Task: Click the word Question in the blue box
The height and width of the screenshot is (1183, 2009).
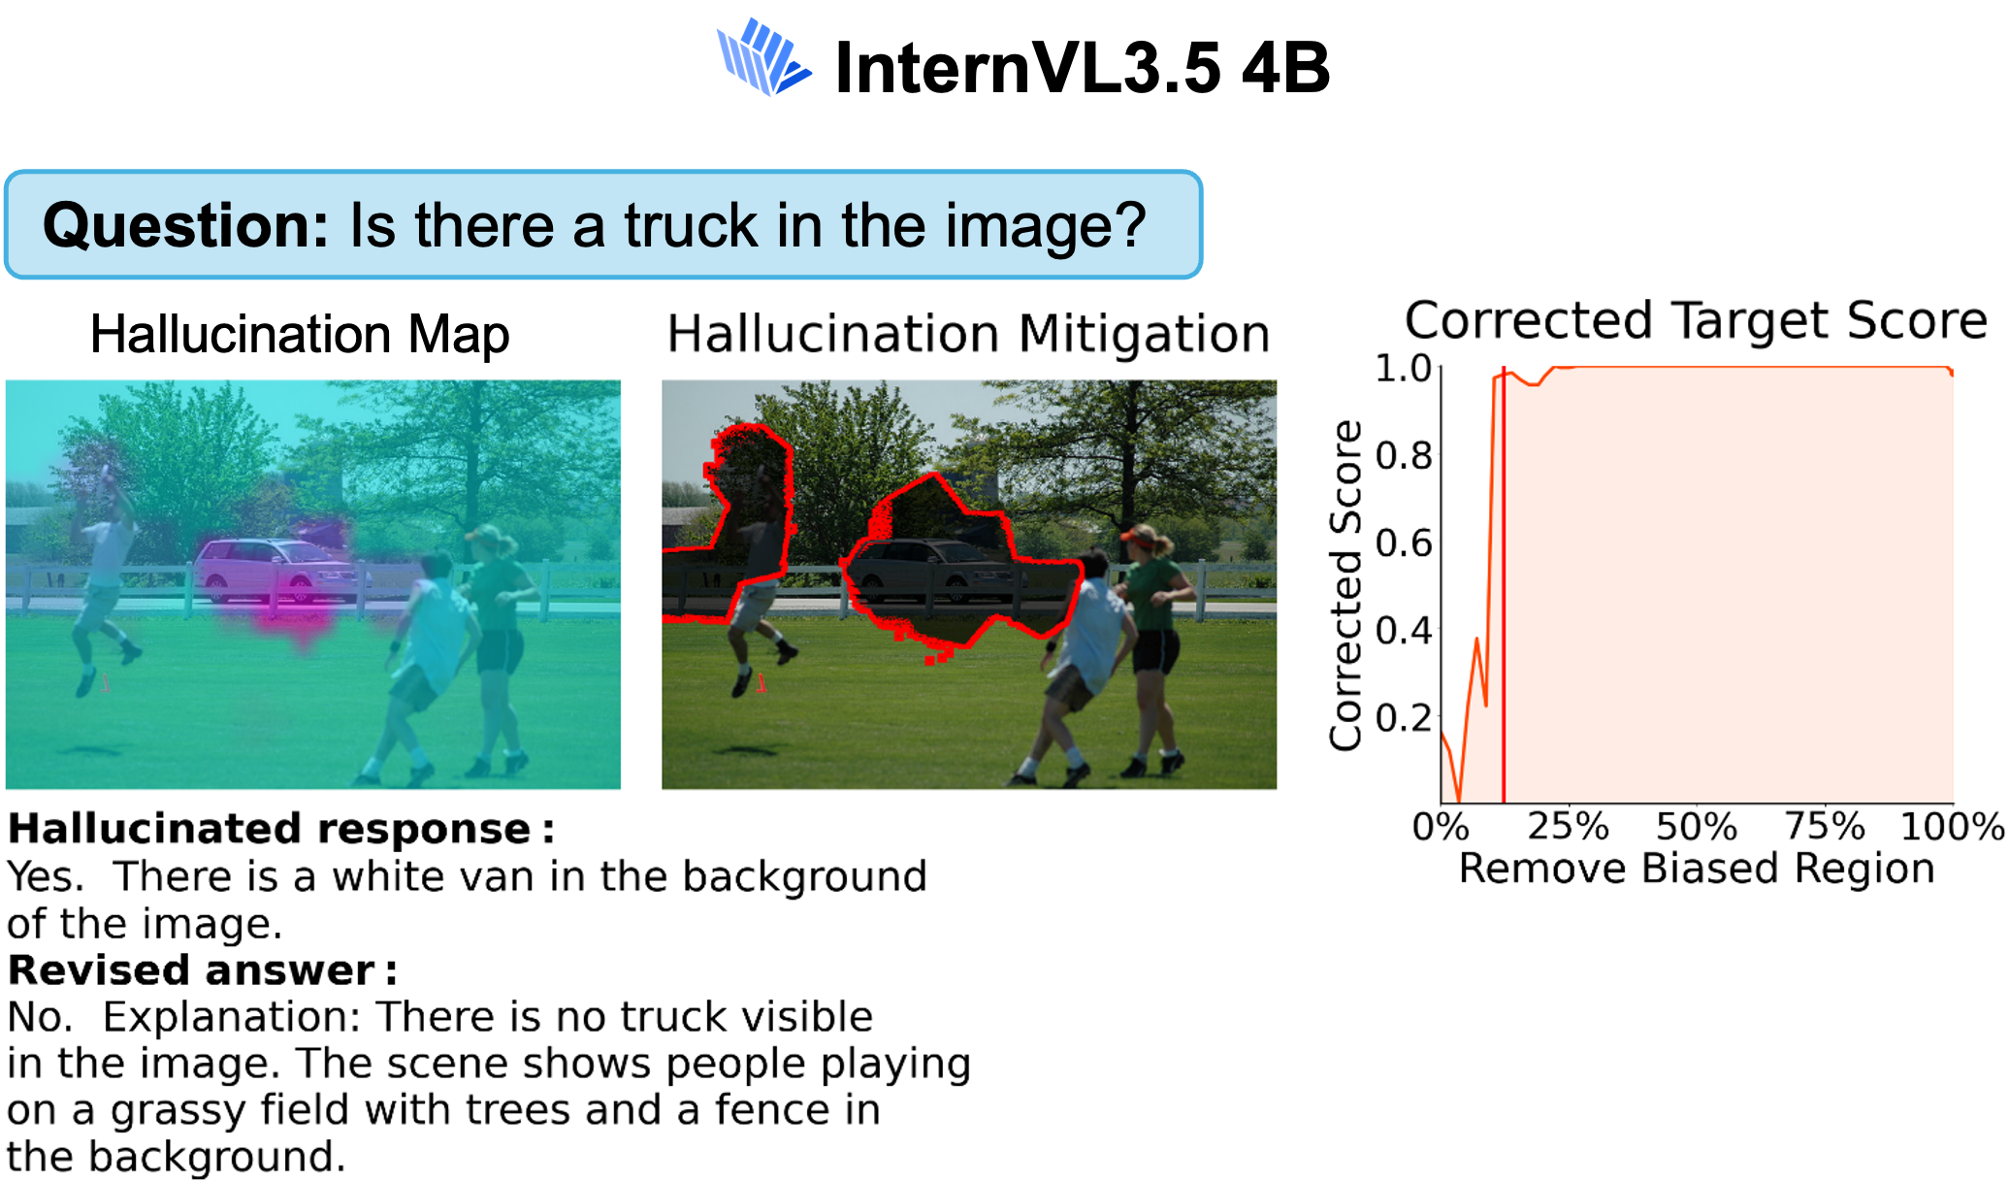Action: (x=185, y=225)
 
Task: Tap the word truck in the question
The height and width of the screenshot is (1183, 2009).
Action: (x=691, y=225)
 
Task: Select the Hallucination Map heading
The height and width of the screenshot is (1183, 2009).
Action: (x=300, y=334)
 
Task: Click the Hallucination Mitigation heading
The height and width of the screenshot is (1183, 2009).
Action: (x=968, y=334)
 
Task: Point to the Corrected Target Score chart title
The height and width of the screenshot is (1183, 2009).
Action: (x=1696, y=319)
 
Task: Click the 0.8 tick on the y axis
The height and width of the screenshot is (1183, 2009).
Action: (x=1404, y=455)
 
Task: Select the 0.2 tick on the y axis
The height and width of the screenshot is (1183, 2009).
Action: (x=1404, y=717)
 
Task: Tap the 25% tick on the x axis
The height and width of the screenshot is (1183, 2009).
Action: (x=1568, y=827)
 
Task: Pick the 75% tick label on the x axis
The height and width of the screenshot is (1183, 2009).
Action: (x=1825, y=827)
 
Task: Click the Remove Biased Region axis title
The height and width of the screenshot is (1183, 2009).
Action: (x=1697, y=869)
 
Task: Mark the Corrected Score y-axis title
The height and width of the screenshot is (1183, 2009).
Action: (x=1345, y=585)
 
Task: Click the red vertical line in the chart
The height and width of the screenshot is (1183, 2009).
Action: (x=1504, y=585)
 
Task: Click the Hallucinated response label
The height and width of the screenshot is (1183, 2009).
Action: (x=281, y=829)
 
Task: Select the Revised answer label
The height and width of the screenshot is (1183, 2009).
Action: (x=203, y=970)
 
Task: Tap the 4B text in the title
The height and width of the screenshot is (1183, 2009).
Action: (x=1285, y=68)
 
